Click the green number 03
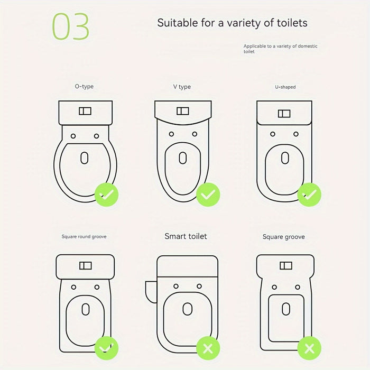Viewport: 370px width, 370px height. point(70,26)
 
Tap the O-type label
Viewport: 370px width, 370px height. point(84,87)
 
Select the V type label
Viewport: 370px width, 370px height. point(182,87)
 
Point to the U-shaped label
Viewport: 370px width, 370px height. point(285,87)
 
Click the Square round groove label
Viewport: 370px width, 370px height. point(84,236)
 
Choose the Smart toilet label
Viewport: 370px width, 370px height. point(186,236)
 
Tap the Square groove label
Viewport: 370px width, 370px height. point(284,237)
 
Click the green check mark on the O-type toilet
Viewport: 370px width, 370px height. point(106,195)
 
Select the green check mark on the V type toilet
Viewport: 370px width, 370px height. point(208,195)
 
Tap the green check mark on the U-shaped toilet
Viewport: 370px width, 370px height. point(309,195)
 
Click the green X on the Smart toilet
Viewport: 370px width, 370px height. point(208,348)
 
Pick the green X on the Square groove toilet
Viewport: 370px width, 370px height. point(309,348)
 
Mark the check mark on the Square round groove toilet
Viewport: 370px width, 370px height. point(106,348)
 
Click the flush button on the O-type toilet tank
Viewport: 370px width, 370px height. point(85,111)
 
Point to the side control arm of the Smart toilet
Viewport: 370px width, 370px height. point(151,292)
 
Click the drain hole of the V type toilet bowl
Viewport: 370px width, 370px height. point(183,158)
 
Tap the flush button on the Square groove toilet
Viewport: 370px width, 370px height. point(286,266)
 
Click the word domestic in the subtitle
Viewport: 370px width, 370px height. point(308,46)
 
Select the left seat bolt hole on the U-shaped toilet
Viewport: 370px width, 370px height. point(273,134)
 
